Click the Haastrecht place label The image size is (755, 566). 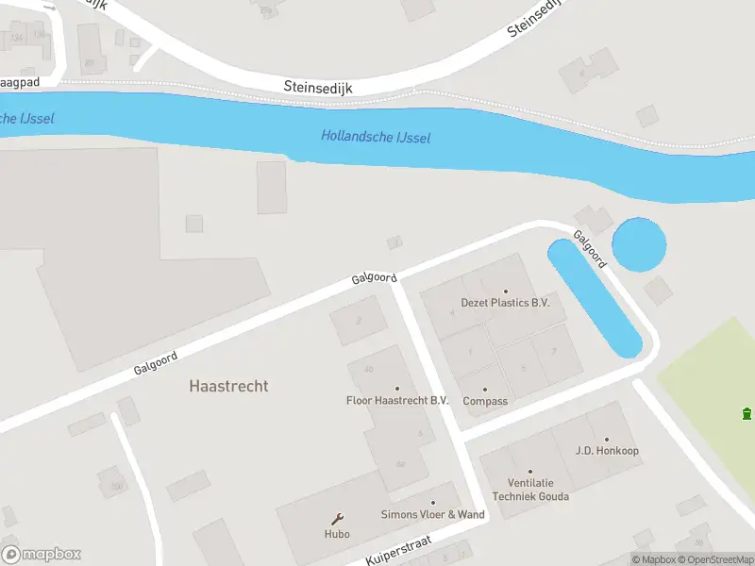click(228, 386)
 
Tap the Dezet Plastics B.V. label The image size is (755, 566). click(505, 303)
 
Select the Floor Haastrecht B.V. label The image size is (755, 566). click(396, 401)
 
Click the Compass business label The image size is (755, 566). click(485, 401)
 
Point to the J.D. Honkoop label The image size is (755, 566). click(607, 451)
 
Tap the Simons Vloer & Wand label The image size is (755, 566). click(432, 514)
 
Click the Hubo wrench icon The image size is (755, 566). click(337, 518)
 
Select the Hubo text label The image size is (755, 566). click(337, 534)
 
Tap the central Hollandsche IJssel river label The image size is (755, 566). click(376, 137)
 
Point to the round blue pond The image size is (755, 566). click(639, 244)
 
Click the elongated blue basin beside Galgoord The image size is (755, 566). click(595, 297)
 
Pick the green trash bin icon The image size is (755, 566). click(747, 413)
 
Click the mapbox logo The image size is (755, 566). click(42, 555)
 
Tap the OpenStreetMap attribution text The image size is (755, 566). click(714, 559)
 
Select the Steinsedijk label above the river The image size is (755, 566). click(317, 86)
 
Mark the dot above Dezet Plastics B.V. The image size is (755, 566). click(505, 291)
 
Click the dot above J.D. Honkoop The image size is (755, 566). click(607, 440)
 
